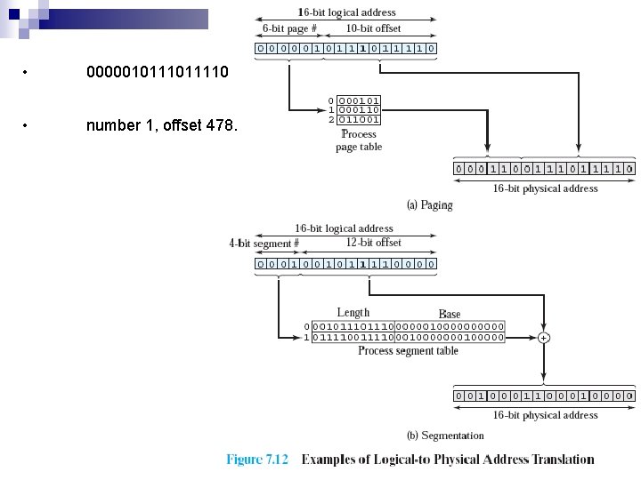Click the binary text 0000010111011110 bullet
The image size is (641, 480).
tap(158, 70)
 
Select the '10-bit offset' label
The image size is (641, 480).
tap(374, 28)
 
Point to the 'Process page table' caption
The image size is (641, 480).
tap(359, 140)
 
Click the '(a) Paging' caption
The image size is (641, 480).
tap(429, 205)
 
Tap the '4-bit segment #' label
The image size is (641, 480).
tap(264, 243)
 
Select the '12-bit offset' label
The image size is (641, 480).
tap(373, 242)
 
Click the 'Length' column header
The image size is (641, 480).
tap(353, 313)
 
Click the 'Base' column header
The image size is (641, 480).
tap(450, 314)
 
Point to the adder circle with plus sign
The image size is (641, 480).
tap(543, 338)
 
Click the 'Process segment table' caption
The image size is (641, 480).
tap(408, 351)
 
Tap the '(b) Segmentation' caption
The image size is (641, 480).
tap(445, 436)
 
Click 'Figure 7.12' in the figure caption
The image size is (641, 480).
tap(257, 460)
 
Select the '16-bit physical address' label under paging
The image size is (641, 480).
tap(545, 188)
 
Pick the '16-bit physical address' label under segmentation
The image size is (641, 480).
tap(545, 415)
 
